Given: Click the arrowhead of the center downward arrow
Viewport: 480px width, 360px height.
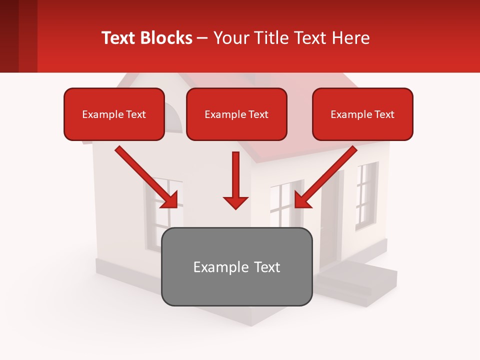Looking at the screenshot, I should point(235,202).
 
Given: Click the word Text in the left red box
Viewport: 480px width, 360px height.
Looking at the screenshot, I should point(135,114).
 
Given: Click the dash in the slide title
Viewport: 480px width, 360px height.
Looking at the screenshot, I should point(202,38).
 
